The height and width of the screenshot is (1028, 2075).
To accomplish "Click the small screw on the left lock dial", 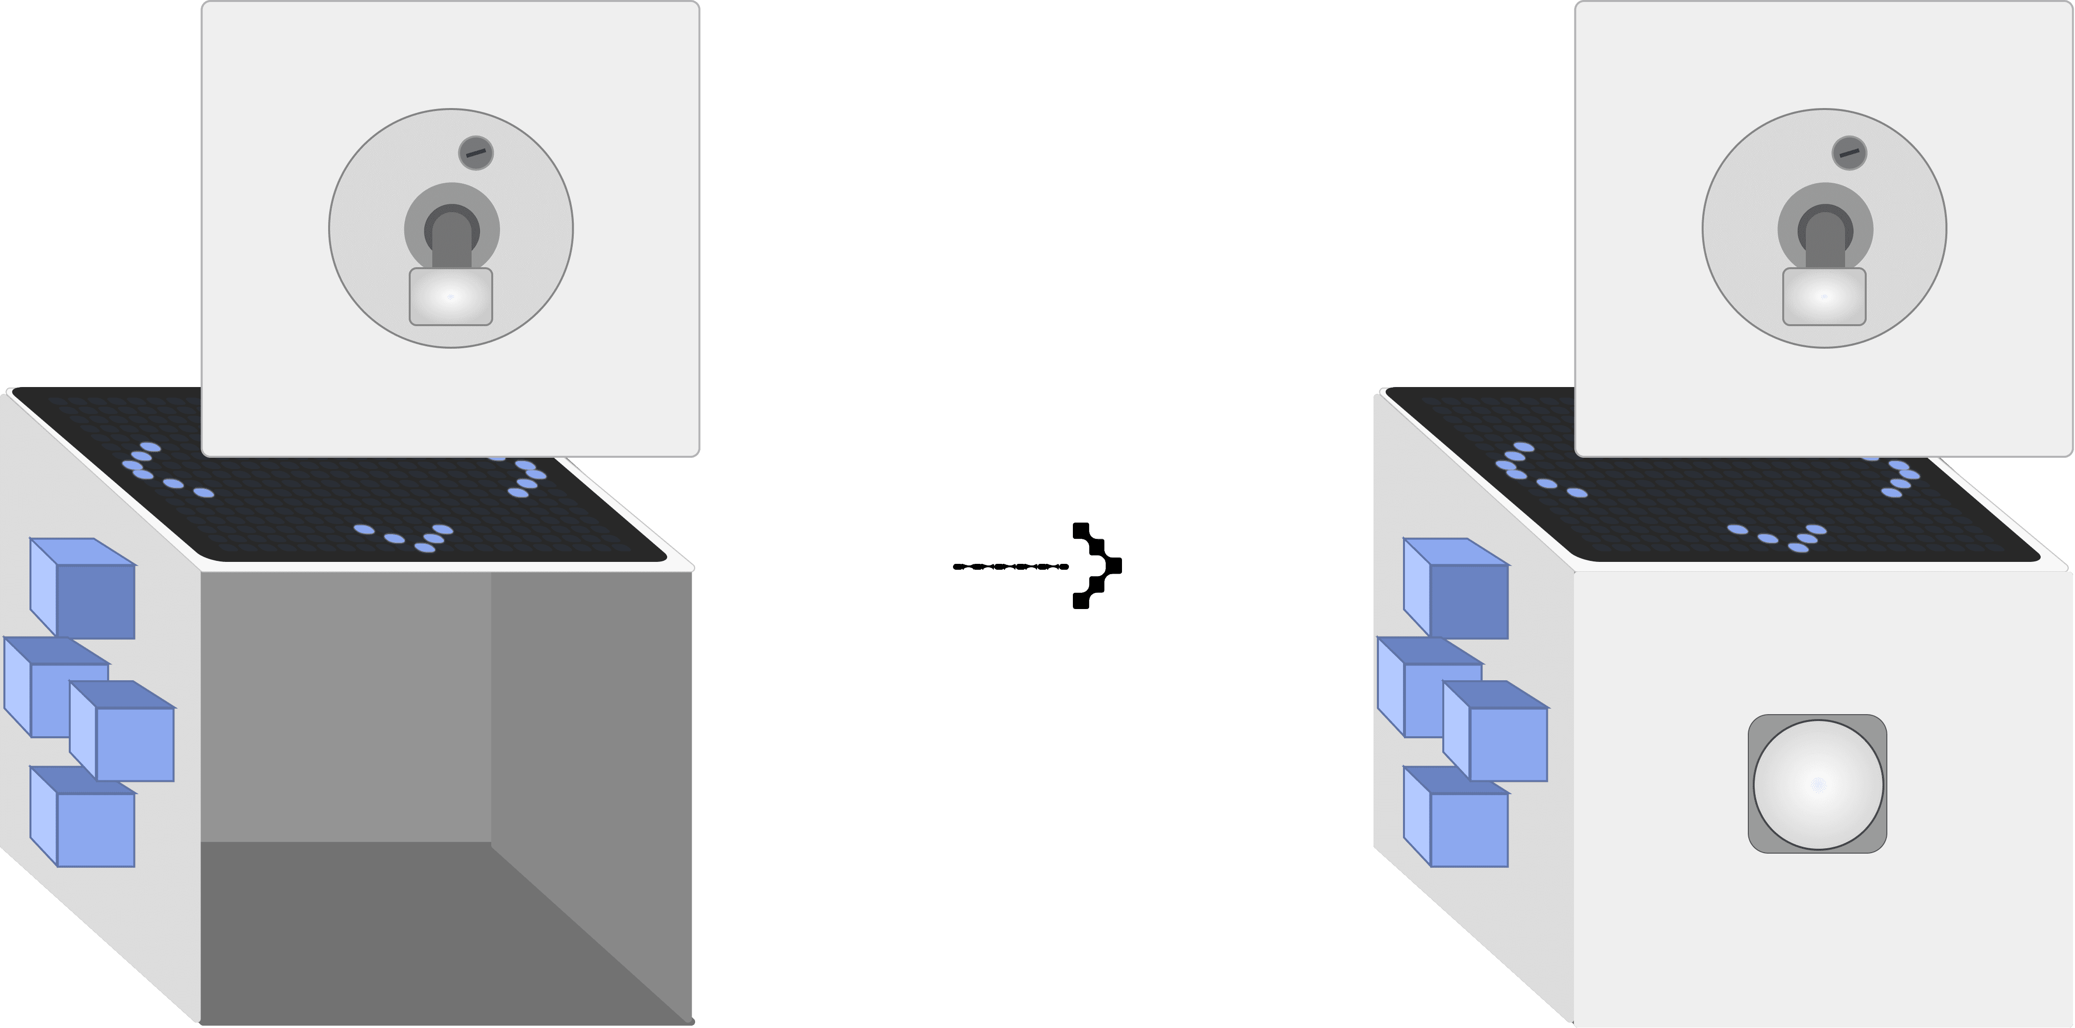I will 476,152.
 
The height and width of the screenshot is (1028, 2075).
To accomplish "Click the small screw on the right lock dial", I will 1850,152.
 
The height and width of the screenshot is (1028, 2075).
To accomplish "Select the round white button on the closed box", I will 1818,784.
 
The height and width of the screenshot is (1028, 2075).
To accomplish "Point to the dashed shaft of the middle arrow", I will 1011,566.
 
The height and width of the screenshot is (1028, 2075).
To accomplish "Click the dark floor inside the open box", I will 403,935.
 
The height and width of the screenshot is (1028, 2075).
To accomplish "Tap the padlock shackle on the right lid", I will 1825,234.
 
